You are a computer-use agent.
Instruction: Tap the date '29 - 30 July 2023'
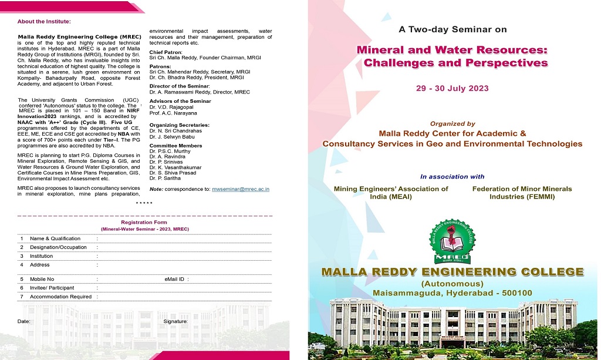[x=452, y=89]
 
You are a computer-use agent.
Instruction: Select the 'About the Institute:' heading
[x=44, y=22]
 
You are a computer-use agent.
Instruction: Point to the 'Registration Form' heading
[x=144, y=223]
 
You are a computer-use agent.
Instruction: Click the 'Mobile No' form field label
[x=42, y=279]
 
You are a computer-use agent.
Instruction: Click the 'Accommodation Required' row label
[x=60, y=297]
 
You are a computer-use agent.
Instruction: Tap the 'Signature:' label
[x=175, y=321]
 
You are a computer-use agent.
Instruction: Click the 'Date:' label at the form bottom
[x=24, y=321]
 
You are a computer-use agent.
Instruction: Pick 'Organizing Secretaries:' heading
[x=179, y=125]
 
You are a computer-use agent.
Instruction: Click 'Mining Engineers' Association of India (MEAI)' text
[x=390, y=193]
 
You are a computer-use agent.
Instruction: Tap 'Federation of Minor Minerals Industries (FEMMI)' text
[x=522, y=193]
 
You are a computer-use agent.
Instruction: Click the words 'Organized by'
[x=453, y=124]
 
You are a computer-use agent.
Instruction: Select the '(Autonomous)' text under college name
[x=452, y=284]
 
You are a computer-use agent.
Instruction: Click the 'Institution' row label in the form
[x=41, y=256]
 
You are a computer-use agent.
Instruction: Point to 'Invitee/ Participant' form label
[x=52, y=288]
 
